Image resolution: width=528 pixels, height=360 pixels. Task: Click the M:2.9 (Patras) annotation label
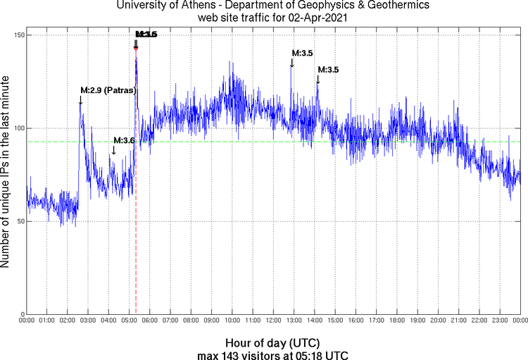coord(108,90)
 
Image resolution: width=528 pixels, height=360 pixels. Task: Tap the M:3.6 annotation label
coord(124,141)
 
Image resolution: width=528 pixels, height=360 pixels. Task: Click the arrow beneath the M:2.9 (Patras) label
coord(81,100)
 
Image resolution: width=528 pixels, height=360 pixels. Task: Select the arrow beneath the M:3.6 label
coord(114,150)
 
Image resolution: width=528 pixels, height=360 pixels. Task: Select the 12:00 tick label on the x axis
coord(273,321)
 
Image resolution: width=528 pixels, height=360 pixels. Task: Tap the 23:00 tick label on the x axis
coord(500,321)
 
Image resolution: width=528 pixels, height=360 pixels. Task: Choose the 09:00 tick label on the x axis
coord(211,321)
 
